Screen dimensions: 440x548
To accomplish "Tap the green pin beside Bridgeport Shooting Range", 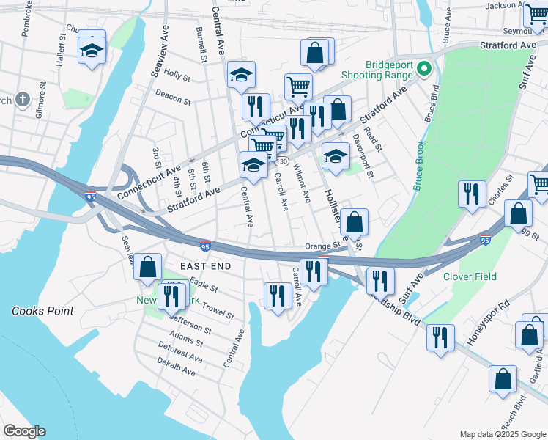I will coord(423,70).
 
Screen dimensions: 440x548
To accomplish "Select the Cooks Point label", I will coord(42,311).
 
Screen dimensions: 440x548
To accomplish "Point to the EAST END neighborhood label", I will coord(206,265).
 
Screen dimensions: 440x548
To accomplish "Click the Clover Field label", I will coord(470,276).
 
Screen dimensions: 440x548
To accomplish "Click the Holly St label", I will coord(177,74).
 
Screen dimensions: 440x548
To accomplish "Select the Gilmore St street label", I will coord(40,104).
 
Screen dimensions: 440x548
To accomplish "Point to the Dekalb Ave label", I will coord(177,367).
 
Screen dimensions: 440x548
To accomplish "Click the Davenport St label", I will coord(362,155).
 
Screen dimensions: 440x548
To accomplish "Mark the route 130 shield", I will coord(282,161).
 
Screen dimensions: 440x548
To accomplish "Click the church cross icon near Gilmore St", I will coord(23,98).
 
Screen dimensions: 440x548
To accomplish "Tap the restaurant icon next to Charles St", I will coord(471,193).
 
